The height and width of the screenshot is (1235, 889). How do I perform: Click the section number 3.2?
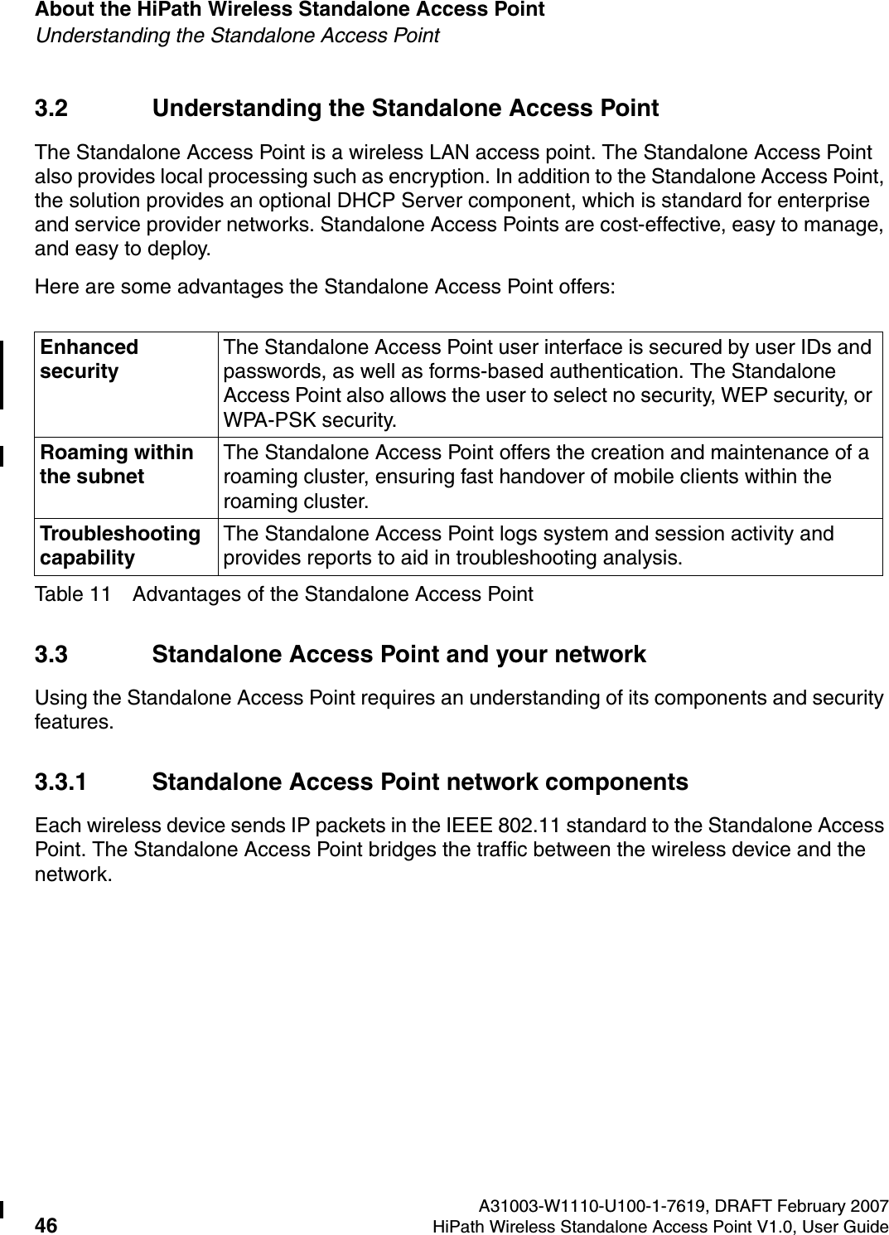pos(51,109)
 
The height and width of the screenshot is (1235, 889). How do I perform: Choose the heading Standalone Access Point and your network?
pos(399,655)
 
